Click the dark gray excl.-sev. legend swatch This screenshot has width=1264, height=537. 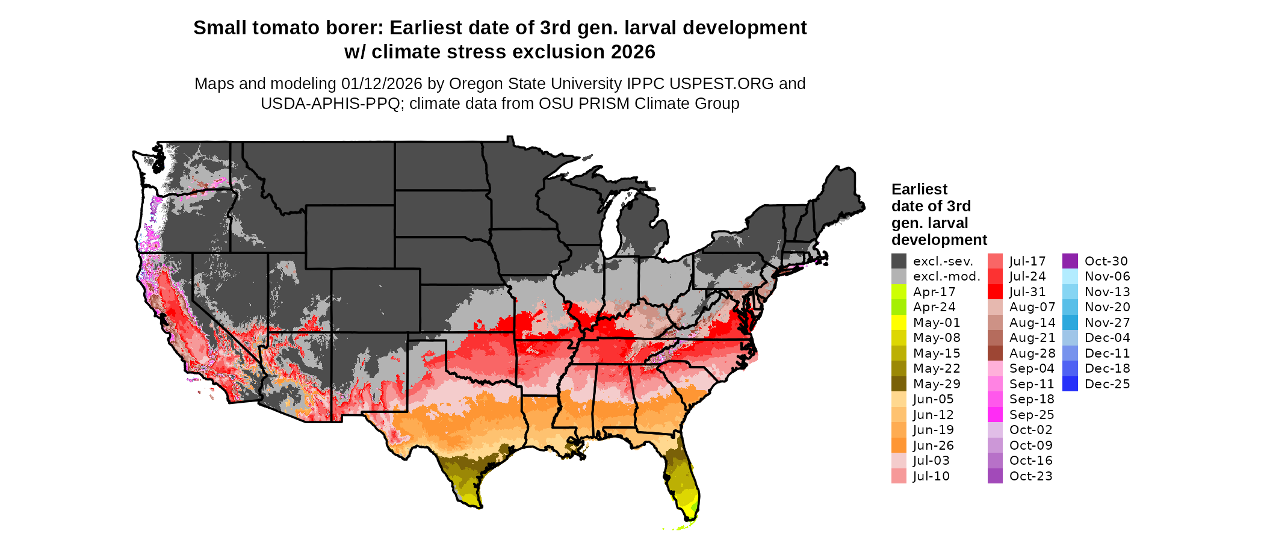click(899, 261)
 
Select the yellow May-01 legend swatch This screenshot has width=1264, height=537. click(899, 323)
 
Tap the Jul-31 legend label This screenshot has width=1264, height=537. click(1027, 292)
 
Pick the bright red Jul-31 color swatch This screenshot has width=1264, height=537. click(995, 292)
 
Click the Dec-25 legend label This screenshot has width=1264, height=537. click(1107, 384)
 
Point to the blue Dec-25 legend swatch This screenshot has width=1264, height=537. click(1070, 384)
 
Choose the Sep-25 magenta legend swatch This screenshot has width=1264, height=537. click(995, 415)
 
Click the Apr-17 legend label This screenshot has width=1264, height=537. click(934, 292)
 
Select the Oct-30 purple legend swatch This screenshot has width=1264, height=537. click(1070, 261)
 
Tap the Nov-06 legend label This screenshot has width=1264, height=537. click(1107, 276)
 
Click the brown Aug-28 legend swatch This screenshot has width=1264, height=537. click(995, 353)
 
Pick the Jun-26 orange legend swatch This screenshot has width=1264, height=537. click(899, 445)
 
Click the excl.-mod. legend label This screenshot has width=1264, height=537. click(946, 276)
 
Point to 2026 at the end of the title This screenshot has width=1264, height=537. click(633, 52)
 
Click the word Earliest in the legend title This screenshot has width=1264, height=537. click(919, 190)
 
